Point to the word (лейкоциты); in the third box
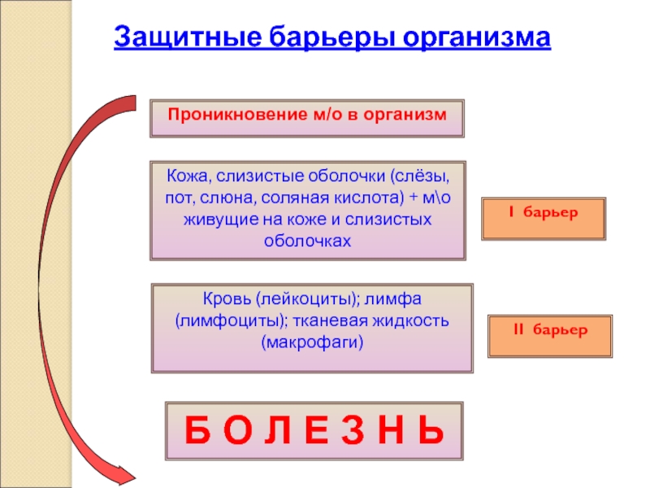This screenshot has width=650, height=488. [x=297, y=298]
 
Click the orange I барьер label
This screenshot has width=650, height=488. [x=543, y=214]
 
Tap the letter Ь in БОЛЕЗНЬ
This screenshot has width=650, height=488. [x=431, y=430]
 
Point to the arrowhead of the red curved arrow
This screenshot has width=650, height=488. [x=126, y=474]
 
